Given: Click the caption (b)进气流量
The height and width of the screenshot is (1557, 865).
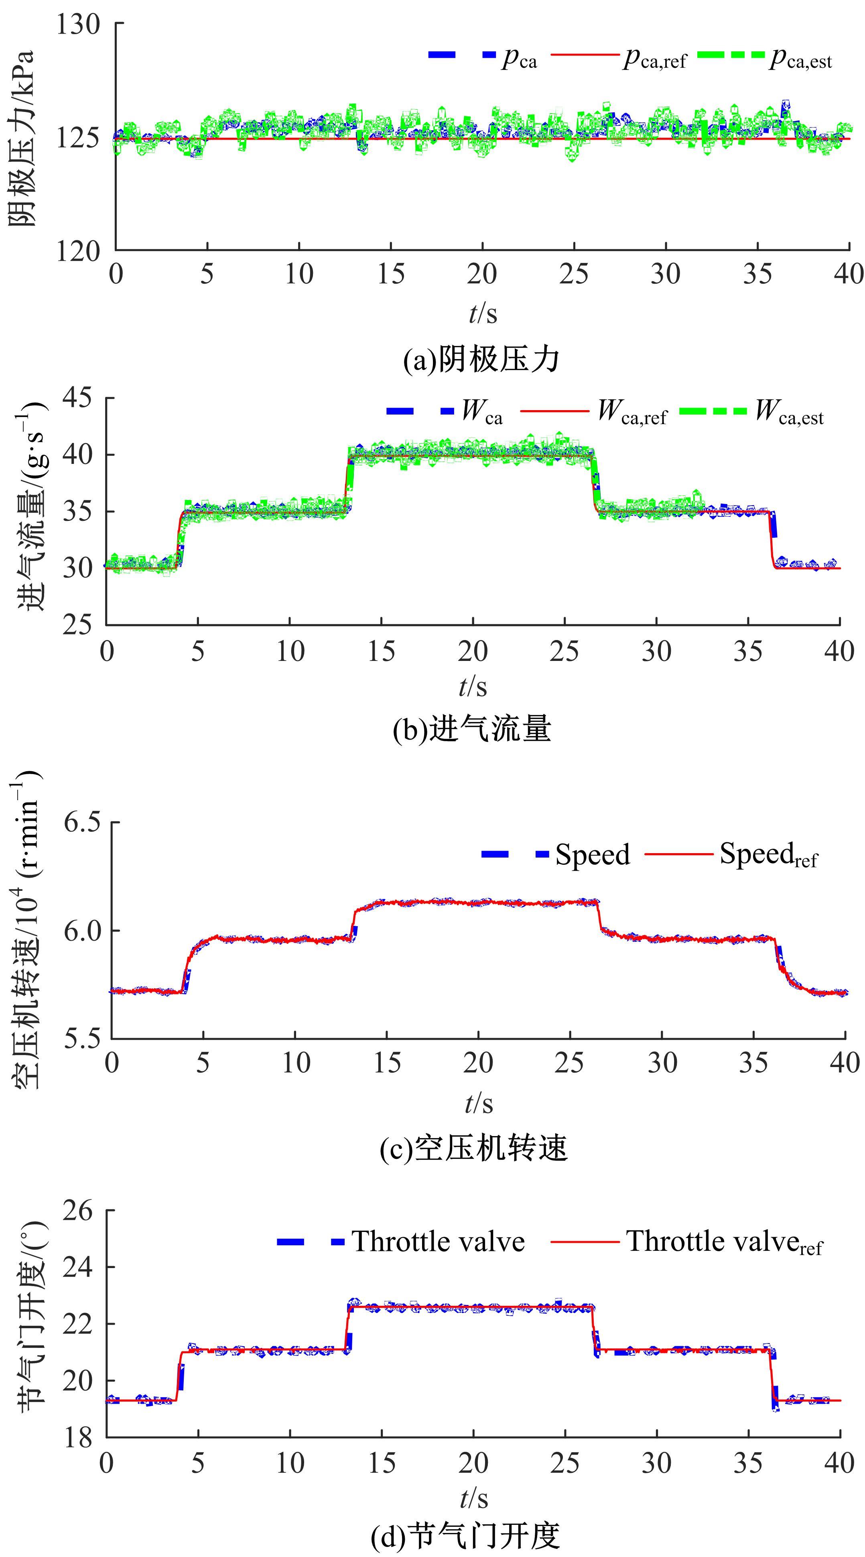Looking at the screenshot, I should [x=471, y=730].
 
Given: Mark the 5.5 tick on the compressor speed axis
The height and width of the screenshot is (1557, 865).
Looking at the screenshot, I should [x=83, y=1039].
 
